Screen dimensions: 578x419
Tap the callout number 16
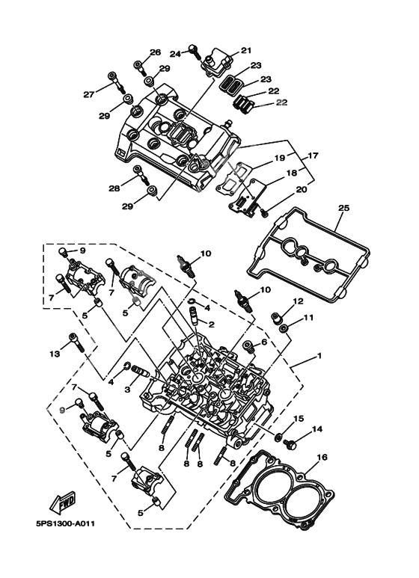(x=322, y=457)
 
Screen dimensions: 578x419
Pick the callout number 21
(x=245, y=50)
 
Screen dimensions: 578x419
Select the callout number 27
(x=89, y=94)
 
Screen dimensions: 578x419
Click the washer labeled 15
(x=278, y=437)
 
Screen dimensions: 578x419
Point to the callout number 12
(x=298, y=301)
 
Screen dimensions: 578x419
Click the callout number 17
(x=313, y=156)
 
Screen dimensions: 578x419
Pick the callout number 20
(x=302, y=190)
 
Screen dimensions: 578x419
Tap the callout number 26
(x=155, y=52)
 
